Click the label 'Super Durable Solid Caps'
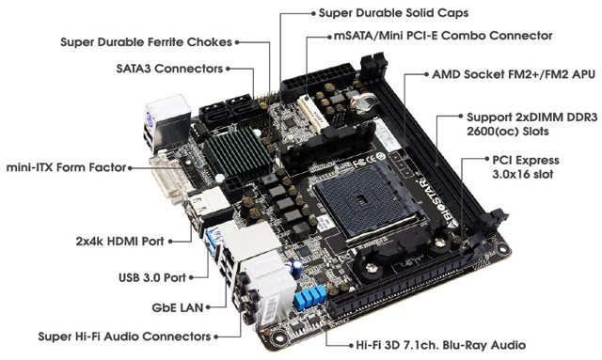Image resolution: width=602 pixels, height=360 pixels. click(393, 13)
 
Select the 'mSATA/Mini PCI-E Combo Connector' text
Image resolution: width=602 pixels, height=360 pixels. click(443, 36)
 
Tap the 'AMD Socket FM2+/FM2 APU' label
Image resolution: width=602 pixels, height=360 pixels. click(514, 74)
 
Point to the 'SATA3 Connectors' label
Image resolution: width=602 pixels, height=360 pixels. click(169, 69)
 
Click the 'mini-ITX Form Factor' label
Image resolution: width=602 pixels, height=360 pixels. click(67, 167)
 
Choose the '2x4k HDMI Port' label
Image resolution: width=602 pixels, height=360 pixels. click(119, 241)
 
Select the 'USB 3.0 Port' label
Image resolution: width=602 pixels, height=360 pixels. click(152, 277)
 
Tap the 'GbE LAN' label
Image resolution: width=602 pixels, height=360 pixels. click(178, 307)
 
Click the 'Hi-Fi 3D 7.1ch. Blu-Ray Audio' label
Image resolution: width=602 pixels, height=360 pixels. click(441, 345)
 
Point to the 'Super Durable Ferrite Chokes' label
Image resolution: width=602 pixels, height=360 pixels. click(147, 42)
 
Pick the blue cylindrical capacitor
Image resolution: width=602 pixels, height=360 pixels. click(297, 269)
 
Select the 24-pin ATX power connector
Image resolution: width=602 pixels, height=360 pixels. click(318, 82)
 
